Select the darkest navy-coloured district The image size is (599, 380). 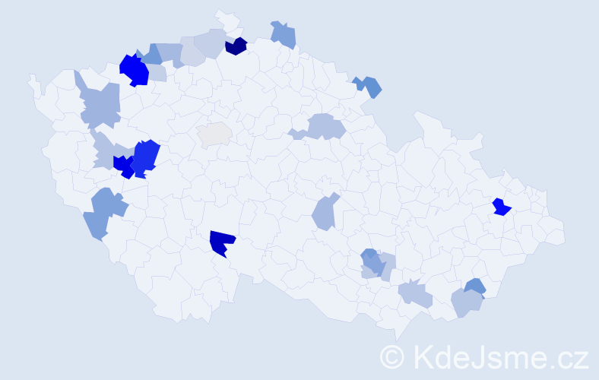[x=236, y=46]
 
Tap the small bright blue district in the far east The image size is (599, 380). [x=500, y=207]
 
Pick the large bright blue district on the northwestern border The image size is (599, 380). [x=135, y=70]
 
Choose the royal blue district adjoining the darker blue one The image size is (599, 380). [x=146, y=155]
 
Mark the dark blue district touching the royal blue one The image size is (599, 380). [x=123, y=165]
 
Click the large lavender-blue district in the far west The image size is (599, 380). [x=100, y=104]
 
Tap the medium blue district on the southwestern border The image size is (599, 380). [x=103, y=211]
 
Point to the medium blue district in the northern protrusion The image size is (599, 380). [x=284, y=34]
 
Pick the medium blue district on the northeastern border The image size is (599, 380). [x=368, y=85]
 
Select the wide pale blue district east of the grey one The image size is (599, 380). [x=322, y=126]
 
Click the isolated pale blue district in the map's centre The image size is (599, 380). [x=325, y=212]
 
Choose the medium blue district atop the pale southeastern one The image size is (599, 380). [x=475, y=287]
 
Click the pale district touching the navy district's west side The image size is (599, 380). [x=211, y=43]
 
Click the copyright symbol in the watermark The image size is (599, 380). [x=392, y=356]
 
